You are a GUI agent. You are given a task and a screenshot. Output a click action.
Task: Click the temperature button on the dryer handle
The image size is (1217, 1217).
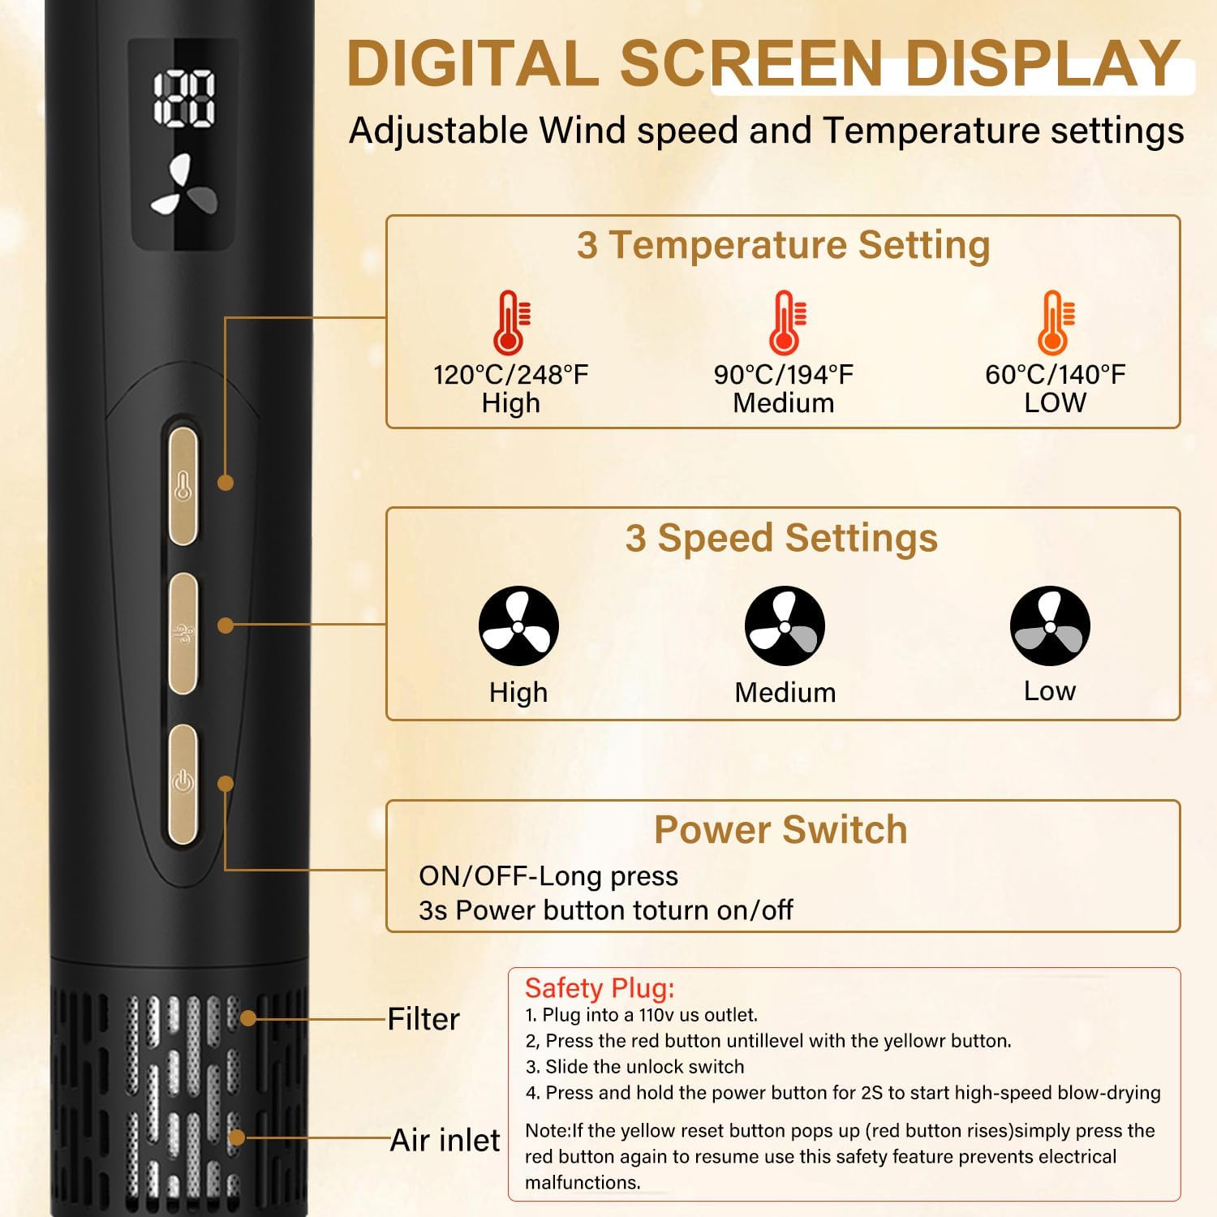coord(183,486)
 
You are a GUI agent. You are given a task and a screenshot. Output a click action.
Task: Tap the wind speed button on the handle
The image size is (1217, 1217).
coord(183,634)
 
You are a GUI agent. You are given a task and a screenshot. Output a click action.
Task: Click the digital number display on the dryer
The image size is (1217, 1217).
coord(185,99)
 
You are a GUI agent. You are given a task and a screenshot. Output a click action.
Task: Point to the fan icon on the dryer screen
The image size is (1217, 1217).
coord(184,186)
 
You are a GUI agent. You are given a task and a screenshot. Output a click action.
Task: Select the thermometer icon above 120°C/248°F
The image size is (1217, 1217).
coord(511,322)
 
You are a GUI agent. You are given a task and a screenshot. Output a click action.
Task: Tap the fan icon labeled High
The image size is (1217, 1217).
coord(518,626)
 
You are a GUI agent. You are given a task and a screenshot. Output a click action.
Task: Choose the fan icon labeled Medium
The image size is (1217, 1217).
coord(785,626)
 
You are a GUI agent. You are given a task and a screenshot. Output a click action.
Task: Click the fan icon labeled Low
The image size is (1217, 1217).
coord(1050,626)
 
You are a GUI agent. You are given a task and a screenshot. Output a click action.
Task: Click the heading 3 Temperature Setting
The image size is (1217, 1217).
coord(783,245)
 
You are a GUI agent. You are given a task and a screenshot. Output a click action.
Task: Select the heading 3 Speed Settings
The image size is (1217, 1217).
coord(781,538)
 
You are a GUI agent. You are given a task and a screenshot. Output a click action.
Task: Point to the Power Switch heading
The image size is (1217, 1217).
coord(781,829)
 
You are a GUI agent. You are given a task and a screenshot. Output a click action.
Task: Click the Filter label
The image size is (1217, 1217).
coord(424,1019)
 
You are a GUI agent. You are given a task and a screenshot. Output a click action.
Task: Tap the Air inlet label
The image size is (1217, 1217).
coord(445,1140)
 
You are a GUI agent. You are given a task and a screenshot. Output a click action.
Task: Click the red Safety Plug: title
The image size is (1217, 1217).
coord(600,988)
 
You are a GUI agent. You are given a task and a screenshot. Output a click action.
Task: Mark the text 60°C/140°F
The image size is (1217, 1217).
coord(1055,375)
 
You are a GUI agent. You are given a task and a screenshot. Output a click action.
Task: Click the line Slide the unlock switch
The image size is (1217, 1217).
coord(634,1067)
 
